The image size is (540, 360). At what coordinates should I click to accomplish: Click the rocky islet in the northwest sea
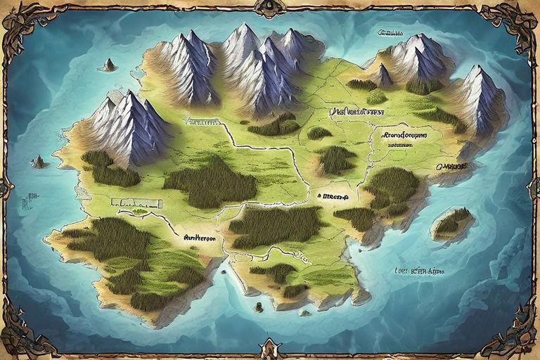point(108,65)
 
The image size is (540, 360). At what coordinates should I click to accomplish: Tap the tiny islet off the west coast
point(39,162)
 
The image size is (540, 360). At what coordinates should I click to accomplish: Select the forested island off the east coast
point(451,223)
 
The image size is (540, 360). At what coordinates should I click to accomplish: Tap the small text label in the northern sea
point(394,32)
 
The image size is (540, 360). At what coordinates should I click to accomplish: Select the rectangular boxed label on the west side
point(137,202)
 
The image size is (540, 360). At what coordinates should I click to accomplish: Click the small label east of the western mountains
point(202,121)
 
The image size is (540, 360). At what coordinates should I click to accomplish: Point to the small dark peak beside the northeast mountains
point(383,74)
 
